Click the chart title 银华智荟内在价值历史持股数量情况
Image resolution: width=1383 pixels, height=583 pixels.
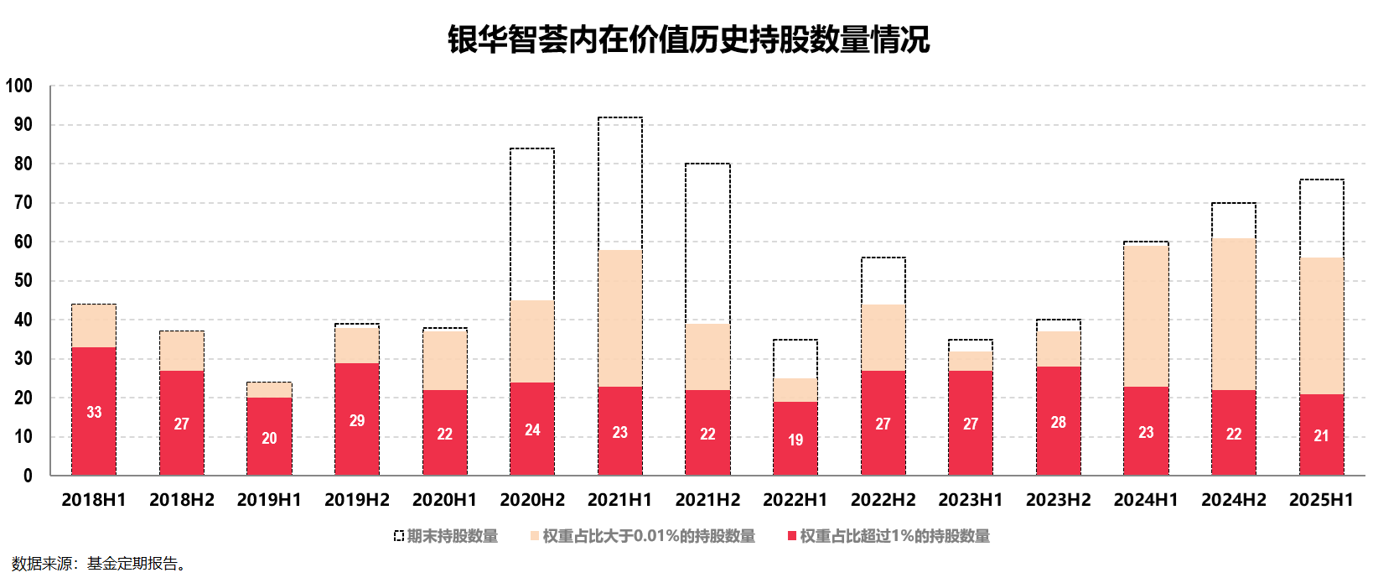point(688,40)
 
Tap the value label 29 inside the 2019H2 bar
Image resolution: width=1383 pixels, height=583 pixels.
point(357,421)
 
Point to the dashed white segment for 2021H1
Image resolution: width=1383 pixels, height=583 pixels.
point(620,183)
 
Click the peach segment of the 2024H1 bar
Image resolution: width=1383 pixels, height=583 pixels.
point(1146,316)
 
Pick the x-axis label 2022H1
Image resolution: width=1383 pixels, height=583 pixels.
point(795,500)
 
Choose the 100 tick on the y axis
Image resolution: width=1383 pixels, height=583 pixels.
point(19,86)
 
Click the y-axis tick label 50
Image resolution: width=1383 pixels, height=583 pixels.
point(23,281)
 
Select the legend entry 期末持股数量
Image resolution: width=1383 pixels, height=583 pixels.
point(446,536)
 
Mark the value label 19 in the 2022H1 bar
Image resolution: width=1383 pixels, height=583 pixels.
point(795,440)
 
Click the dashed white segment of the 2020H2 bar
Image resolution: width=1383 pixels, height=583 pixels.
point(532,224)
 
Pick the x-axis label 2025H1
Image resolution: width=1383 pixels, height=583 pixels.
point(1321,500)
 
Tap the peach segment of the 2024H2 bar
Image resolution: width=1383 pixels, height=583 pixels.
point(1234,314)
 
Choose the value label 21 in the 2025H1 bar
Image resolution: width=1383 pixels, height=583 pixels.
point(1321,436)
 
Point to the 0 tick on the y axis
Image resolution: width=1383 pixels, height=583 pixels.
point(28,476)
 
